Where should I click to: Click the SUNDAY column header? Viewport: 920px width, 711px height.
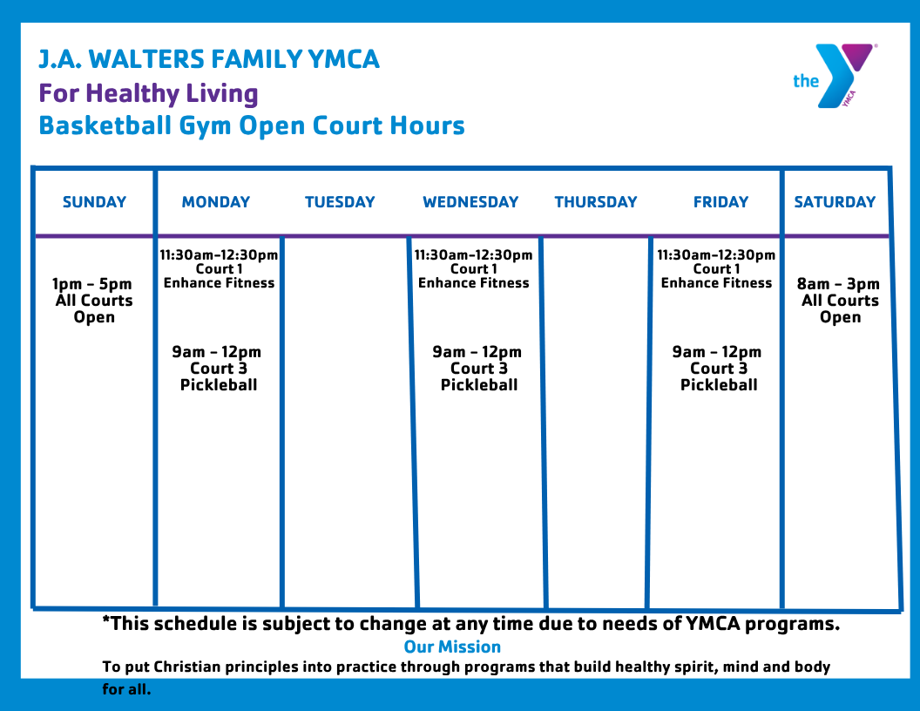(x=94, y=202)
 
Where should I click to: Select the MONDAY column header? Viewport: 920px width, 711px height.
(x=216, y=202)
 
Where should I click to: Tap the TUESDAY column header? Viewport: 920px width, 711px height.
(x=340, y=202)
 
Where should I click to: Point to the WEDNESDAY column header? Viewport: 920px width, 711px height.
(x=470, y=202)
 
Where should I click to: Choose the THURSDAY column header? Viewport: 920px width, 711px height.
(x=596, y=202)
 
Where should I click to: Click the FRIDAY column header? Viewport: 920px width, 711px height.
(x=720, y=202)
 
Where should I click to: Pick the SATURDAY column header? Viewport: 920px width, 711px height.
(x=835, y=202)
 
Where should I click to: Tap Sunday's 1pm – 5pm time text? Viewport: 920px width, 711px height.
(x=92, y=285)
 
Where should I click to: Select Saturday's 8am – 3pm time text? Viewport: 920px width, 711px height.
(x=838, y=285)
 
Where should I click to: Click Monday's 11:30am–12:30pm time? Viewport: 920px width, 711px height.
(x=219, y=255)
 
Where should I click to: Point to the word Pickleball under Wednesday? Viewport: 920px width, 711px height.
(x=479, y=385)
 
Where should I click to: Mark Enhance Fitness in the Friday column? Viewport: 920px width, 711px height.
(x=716, y=283)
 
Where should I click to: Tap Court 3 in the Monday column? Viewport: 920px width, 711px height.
(x=219, y=369)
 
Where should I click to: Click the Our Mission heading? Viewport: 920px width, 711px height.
(x=452, y=647)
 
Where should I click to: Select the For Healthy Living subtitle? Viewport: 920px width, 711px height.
(x=148, y=94)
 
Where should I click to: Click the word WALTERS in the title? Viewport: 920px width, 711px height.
(x=146, y=59)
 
